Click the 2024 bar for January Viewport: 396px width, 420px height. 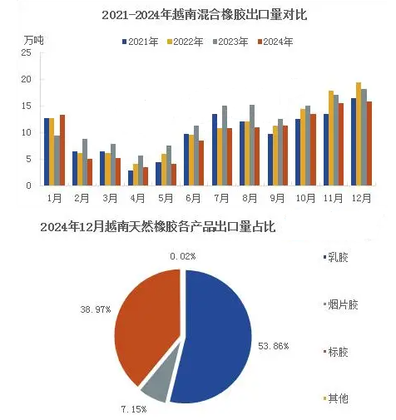[x=62, y=150]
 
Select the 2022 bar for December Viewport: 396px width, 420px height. [x=359, y=134]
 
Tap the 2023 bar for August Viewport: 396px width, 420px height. [x=252, y=145]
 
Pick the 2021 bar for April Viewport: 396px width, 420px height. [x=131, y=178]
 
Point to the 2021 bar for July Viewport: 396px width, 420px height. [x=215, y=150]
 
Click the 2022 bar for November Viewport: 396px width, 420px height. [x=331, y=138]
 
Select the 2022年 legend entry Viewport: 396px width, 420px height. [x=185, y=42]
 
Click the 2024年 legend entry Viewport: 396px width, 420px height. [x=275, y=42]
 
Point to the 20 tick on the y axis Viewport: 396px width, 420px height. [x=27, y=79]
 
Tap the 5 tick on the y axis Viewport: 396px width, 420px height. [x=28, y=159]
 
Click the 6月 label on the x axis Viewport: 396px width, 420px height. [x=193, y=198]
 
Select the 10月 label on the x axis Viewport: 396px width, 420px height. [x=305, y=198]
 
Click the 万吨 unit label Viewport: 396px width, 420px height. [x=33, y=40]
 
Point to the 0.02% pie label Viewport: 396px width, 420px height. [x=183, y=256]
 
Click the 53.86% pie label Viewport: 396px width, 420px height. [x=274, y=346]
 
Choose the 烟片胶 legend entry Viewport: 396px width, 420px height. [x=341, y=304]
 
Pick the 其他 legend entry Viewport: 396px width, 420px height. [x=336, y=398]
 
